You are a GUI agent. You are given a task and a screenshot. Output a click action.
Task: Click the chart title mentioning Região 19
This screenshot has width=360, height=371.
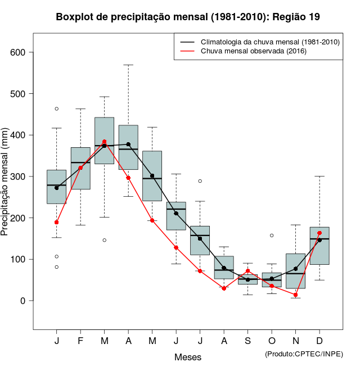188,17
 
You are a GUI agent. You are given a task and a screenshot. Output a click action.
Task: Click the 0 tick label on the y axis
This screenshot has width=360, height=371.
24,301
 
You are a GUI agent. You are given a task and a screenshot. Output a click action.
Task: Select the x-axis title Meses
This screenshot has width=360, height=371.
187,357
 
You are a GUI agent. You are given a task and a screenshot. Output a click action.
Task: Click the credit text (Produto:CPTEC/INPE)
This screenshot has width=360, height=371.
304,354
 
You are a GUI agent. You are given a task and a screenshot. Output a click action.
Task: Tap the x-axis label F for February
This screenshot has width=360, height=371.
80,341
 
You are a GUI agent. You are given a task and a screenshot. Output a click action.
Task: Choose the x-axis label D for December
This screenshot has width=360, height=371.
319,341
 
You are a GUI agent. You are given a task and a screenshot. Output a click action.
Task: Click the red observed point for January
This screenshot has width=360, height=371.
56,222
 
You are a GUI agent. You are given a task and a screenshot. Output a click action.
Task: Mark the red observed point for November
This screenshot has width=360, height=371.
296,295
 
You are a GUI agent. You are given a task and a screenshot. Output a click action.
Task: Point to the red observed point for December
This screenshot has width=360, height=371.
319,233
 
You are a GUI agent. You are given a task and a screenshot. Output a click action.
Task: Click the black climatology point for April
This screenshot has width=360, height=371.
128,144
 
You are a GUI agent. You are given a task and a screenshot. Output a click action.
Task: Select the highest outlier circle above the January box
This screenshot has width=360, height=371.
56,108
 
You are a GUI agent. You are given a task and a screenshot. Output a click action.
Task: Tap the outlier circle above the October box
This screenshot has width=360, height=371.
272,236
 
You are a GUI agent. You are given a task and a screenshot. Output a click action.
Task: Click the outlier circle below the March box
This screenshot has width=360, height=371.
104,240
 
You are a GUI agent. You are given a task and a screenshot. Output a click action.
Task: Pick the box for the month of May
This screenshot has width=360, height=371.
152,175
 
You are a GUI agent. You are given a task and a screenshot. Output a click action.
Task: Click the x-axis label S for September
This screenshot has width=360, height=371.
247,341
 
